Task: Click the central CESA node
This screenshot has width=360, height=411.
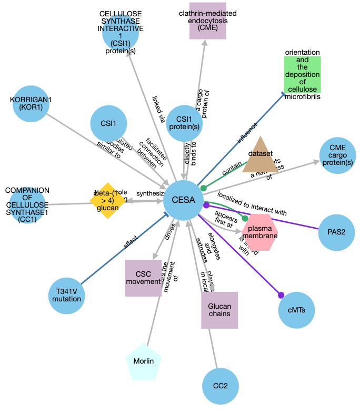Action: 184,200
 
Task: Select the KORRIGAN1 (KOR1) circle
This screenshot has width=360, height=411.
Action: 29,104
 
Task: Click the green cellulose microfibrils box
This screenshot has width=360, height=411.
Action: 302,74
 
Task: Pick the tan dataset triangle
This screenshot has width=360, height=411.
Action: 261,157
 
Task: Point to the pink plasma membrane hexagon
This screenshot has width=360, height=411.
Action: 259,232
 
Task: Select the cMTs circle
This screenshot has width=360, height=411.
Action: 296,309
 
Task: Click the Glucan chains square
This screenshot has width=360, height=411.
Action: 219,310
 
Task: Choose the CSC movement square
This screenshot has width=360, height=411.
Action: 143,278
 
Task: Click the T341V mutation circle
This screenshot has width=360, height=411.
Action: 67,295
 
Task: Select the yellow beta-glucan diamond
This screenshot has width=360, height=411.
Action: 107,200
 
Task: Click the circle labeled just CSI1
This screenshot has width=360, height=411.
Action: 108,124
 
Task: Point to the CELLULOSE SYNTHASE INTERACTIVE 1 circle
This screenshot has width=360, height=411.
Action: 121,33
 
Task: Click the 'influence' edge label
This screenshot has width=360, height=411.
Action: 247,132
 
